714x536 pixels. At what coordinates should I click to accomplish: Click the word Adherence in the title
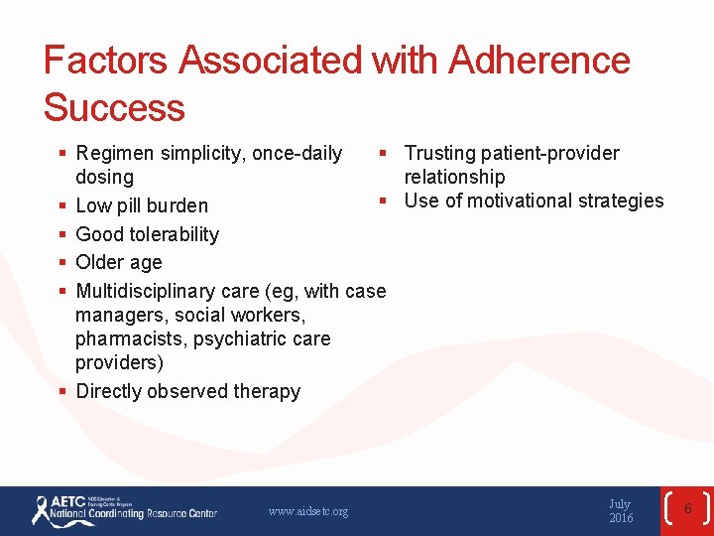538,61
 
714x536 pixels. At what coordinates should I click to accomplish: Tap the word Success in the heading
114,107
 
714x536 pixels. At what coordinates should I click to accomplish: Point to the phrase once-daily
297,154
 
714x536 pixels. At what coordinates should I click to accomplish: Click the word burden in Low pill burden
176,206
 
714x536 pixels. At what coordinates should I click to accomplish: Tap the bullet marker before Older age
61,262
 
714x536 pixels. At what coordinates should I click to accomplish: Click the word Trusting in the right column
440,153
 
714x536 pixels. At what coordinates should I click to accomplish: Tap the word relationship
454,177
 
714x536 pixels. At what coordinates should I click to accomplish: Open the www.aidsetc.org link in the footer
308,511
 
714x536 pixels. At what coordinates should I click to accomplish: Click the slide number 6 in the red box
687,509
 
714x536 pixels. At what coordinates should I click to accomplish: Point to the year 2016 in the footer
621,518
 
